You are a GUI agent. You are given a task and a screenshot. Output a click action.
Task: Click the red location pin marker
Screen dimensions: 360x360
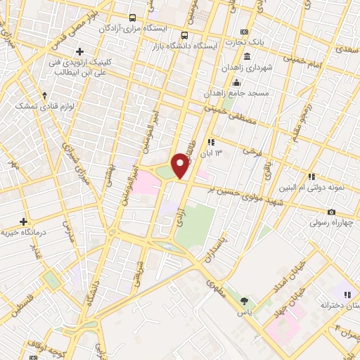pos(181,165)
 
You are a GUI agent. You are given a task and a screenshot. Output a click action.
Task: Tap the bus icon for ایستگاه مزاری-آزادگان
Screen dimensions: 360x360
pos(133,18)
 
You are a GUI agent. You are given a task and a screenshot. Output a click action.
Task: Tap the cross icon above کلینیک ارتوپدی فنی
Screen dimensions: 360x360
pos(80,51)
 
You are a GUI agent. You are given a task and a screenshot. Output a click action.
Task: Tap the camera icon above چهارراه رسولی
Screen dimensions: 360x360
pos(331,212)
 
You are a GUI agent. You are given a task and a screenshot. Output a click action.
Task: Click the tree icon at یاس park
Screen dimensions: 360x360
pos(244,300)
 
